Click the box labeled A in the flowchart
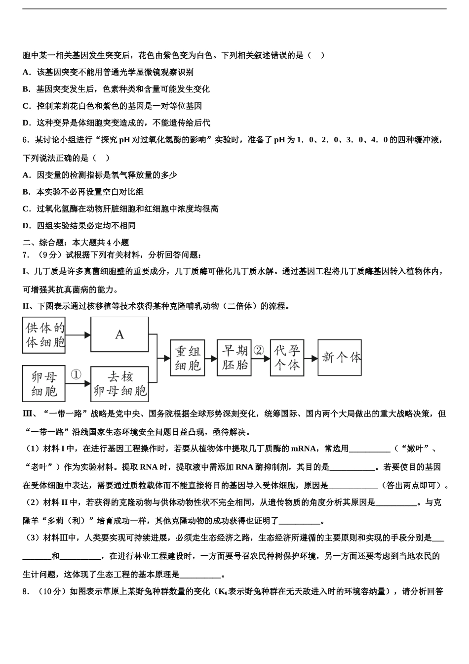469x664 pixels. click(119, 334)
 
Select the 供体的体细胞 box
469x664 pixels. click(45, 335)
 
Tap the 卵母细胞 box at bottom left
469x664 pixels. click(44, 384)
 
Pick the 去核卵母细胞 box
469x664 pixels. click(119, 384)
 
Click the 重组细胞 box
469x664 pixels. click(187, 358)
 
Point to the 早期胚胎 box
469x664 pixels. click(234, 358)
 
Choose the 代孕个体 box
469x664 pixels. click(287, 358)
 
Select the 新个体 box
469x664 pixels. click(340, 357)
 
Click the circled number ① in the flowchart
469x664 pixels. click(76, 375)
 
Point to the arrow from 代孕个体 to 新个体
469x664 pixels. click(311, 358)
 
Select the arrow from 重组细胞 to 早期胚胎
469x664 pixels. click(211, 358)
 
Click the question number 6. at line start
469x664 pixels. click(26, 140)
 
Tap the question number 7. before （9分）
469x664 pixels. click(26, 255)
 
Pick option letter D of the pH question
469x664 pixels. click(27, 226)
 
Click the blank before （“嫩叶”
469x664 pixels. click(370, 449)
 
